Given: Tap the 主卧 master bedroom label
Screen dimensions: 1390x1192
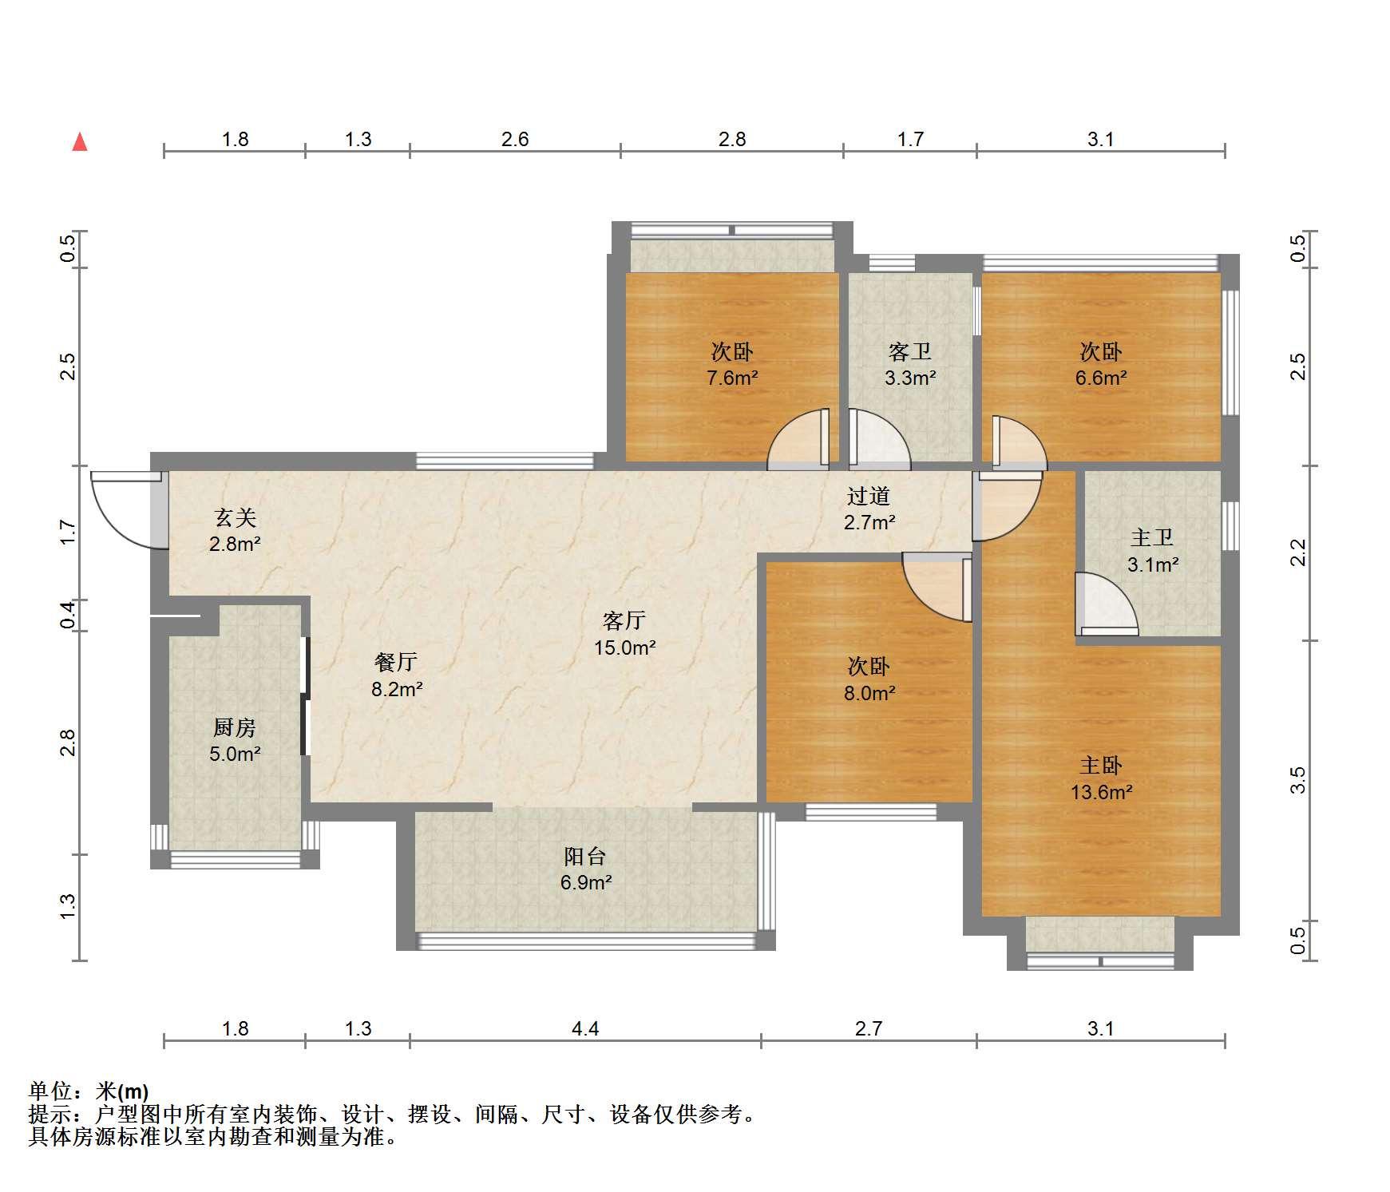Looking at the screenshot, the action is click(1101, 766).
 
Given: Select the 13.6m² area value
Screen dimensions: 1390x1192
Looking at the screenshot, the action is click(1101, 792).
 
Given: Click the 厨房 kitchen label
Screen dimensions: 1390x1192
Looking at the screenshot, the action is click(235, 727).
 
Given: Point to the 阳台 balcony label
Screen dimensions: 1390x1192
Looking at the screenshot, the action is click(585, 857).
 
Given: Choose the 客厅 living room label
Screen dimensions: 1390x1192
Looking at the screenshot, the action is click(624, 620).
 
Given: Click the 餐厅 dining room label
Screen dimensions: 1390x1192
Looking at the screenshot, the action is click(396, 662).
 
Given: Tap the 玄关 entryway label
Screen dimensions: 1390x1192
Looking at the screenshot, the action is click(235, 518).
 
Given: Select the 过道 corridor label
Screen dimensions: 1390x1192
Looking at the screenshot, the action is click(869, 496).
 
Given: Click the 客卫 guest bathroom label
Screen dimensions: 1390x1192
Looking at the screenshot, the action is click(910, 351).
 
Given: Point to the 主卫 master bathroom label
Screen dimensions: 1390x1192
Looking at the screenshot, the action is click(1152, 538).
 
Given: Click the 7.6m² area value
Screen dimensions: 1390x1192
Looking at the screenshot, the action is click(732, 378).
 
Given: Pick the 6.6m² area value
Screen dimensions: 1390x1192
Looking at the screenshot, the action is click(1101, 378).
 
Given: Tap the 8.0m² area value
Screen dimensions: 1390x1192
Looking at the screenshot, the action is click(869, 693).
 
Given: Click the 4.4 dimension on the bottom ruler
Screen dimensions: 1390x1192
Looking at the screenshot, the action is click(585, 1028).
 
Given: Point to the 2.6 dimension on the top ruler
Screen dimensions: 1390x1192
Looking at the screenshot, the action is click(515, 140).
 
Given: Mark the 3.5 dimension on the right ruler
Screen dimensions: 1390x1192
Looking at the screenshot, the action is click(1298, 779).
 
